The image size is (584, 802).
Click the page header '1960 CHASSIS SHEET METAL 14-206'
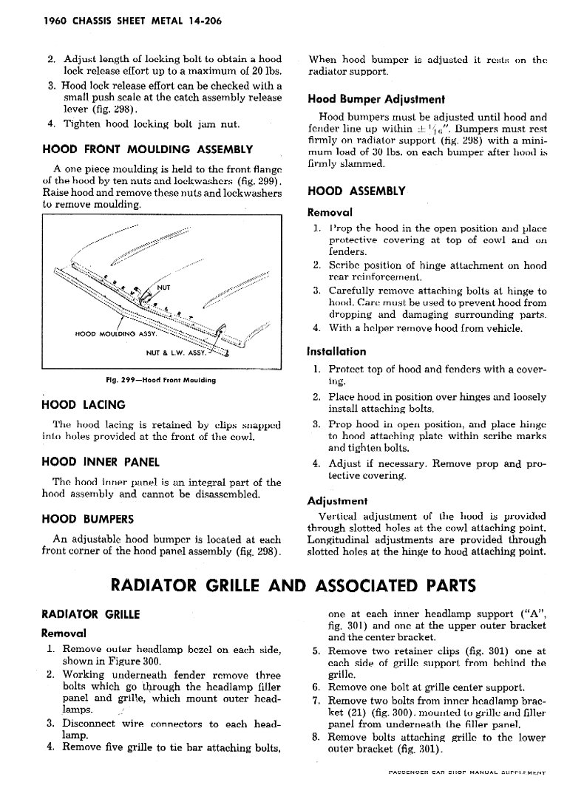(x=118, y=21)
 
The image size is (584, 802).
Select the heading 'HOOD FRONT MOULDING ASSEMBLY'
(x=148, y=149)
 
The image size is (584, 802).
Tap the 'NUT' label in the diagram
(x=164, y=288)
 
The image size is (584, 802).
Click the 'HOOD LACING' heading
(x=84, y=404)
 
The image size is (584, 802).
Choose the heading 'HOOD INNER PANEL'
(x=101, y=462)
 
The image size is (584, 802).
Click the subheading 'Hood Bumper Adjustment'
(x=376, y=99)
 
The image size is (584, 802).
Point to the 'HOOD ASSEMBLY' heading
(x=356, y=191)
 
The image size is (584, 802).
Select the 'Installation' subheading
(x=336, y=351)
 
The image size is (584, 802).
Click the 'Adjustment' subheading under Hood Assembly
(x=337, y=500)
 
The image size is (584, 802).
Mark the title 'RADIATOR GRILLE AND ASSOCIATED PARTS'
(x=292, y=585)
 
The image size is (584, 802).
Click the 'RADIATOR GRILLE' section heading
(x=91, y=614)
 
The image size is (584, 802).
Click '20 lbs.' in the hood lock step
(x=265, y=71)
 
